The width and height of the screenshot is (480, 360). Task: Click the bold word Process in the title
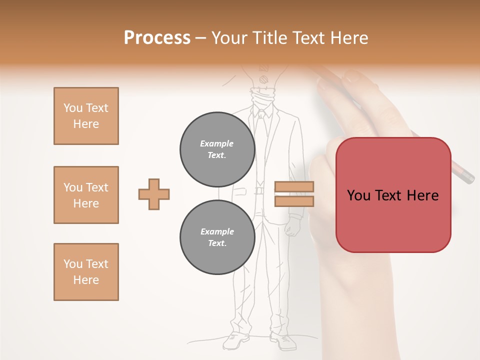click(157, 38)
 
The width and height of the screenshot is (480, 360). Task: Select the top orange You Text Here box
click(86, 116)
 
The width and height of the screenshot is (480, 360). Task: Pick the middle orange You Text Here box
click(86, 195)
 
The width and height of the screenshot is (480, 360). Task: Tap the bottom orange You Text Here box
click(86, 272)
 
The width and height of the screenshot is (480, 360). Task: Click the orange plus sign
click(154, 194)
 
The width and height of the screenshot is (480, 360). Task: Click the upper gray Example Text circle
click(217, 149)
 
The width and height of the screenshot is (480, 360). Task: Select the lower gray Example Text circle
click(217, 237)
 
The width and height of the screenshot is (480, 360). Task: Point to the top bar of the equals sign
click(294, 186)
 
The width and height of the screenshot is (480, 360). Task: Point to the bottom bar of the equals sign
click(294, 201)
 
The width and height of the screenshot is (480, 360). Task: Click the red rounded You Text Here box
click(393, 195)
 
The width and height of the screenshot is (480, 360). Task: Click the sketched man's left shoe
click(235, 341)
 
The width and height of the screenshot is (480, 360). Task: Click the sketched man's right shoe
click(283, 341)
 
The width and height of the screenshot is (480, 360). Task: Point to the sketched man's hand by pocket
click(292, 229)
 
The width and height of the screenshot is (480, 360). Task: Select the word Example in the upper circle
click(217, 143)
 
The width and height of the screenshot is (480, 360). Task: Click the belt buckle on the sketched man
click(259, 190)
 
